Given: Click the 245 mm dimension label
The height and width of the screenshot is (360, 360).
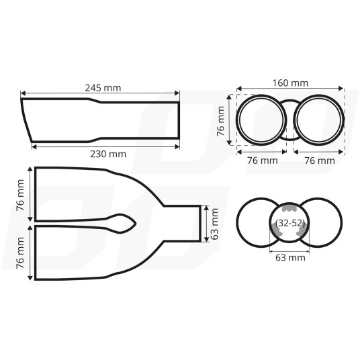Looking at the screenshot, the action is pyautogui.click(x=103, y=88).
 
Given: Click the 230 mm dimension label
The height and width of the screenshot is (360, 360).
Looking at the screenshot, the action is pyautogui.click(x=108, y=154).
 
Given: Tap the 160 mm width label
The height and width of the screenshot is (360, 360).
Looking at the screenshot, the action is pyautogui.click(x=290, y=83).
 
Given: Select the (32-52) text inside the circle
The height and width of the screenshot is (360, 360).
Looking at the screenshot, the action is pyautogui.click(x=290, y=223).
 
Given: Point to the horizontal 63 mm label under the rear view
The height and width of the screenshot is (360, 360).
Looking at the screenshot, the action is pyautogui.click(x=290, y=258).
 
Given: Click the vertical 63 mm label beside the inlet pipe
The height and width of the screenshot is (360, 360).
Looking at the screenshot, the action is pyautogui.click(x=214, y=224).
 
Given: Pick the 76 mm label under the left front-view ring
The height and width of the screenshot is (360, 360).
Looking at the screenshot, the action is pyautogui.click(x=263, y=161).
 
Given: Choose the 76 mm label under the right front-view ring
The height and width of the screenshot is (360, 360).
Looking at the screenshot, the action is pyautogui.click(x=320, y=161).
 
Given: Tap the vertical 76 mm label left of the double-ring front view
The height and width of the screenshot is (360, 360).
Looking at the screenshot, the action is pyautogui.click(x=221, y=121).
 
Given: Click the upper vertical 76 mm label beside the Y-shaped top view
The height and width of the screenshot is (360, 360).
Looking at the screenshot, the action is pyautogui.click(x=20, y=195).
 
